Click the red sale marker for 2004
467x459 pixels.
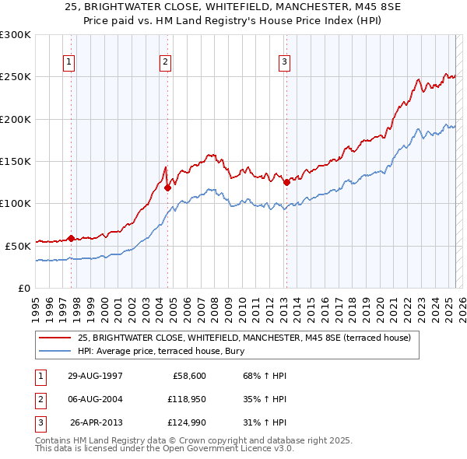tap(167, 187)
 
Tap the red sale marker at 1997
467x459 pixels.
tap(72, 238)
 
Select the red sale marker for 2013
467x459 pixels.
tap(286, 183)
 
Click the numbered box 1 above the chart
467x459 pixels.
tap(70, 63)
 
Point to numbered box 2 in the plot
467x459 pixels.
tap(167, 63)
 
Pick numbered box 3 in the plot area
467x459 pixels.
tap(285, 63)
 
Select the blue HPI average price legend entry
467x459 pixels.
tap(161, 351)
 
